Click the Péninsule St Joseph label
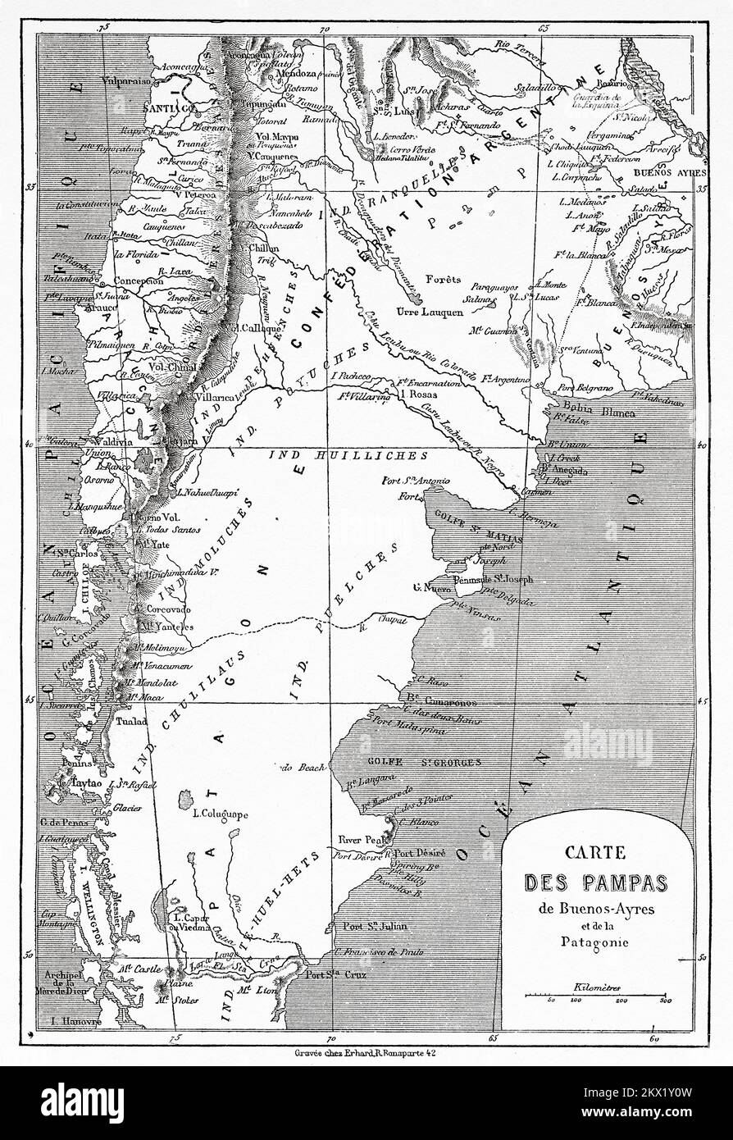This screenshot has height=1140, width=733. (x=497, y=579)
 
